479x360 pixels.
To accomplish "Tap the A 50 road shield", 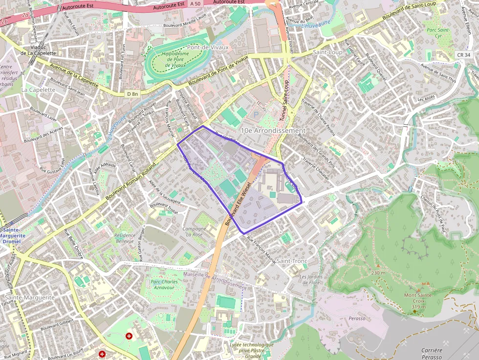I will pyautogui.click(x=196, y=4).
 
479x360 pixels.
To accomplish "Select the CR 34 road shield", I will pyautogui.click(x=464, y=55).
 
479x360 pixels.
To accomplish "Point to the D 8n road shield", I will pyautogui.click(x=132, y=93).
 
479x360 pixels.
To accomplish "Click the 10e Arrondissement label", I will pyautogui.click(x=273, y=131).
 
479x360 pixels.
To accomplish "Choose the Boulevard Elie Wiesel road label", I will pyautogui.click(x=239, y=204).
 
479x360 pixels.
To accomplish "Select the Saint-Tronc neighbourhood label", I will pyautogui.click(x=291, y=261).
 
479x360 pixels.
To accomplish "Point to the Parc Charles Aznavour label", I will pyautogui.click(x=164, y=285).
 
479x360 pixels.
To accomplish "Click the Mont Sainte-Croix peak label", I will pyautogui.click(x=418, y=298).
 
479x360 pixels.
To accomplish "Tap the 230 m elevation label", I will pyautogui.click(x=378, y=273).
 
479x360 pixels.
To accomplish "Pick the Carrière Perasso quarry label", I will pyautogui.click(x=432, y=354).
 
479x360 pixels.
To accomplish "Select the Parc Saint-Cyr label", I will pyautogui.click(x=437, y=33).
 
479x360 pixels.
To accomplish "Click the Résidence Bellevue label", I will pyautogui.click(x=124, y=238).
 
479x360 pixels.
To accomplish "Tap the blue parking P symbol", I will pyautogui.click(x=255, y=114).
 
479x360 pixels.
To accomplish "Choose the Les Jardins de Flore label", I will pyautogui.click(x=310, y=279).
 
